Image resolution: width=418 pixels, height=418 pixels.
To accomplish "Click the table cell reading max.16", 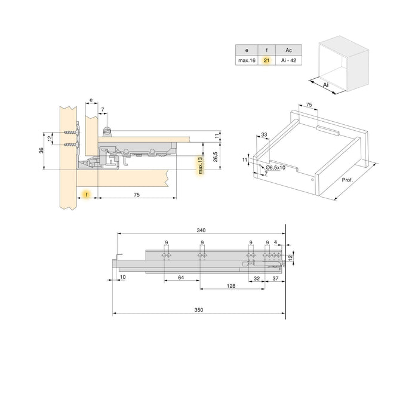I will (x=246, y=60).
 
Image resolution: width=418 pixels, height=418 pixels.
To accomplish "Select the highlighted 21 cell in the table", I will (x=266, y=60).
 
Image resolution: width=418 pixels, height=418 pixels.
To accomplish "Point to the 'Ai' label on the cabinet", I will (x=325, y=86).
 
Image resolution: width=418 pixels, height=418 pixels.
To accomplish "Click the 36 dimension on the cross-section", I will (x=41, y=150).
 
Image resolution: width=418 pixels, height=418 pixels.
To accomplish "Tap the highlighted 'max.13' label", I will (x=200, y=167).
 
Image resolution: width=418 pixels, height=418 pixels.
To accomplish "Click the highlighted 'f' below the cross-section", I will (x=87, y=195).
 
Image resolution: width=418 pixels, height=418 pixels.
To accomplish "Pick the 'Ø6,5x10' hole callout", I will (x=275, y=168).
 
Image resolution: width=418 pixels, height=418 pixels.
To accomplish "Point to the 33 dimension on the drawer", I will (x=264, y=136).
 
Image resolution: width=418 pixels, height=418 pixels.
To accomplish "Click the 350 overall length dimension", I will (x=199, y=310).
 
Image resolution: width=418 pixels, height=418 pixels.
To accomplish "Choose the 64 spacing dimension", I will (x=180, y=278).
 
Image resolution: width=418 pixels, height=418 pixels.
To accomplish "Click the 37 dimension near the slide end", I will (x=275, y=278).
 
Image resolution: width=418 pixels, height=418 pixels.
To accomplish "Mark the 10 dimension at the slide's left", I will (x=122, y=278).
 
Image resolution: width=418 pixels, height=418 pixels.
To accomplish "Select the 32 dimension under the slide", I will (x=256, y=278).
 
